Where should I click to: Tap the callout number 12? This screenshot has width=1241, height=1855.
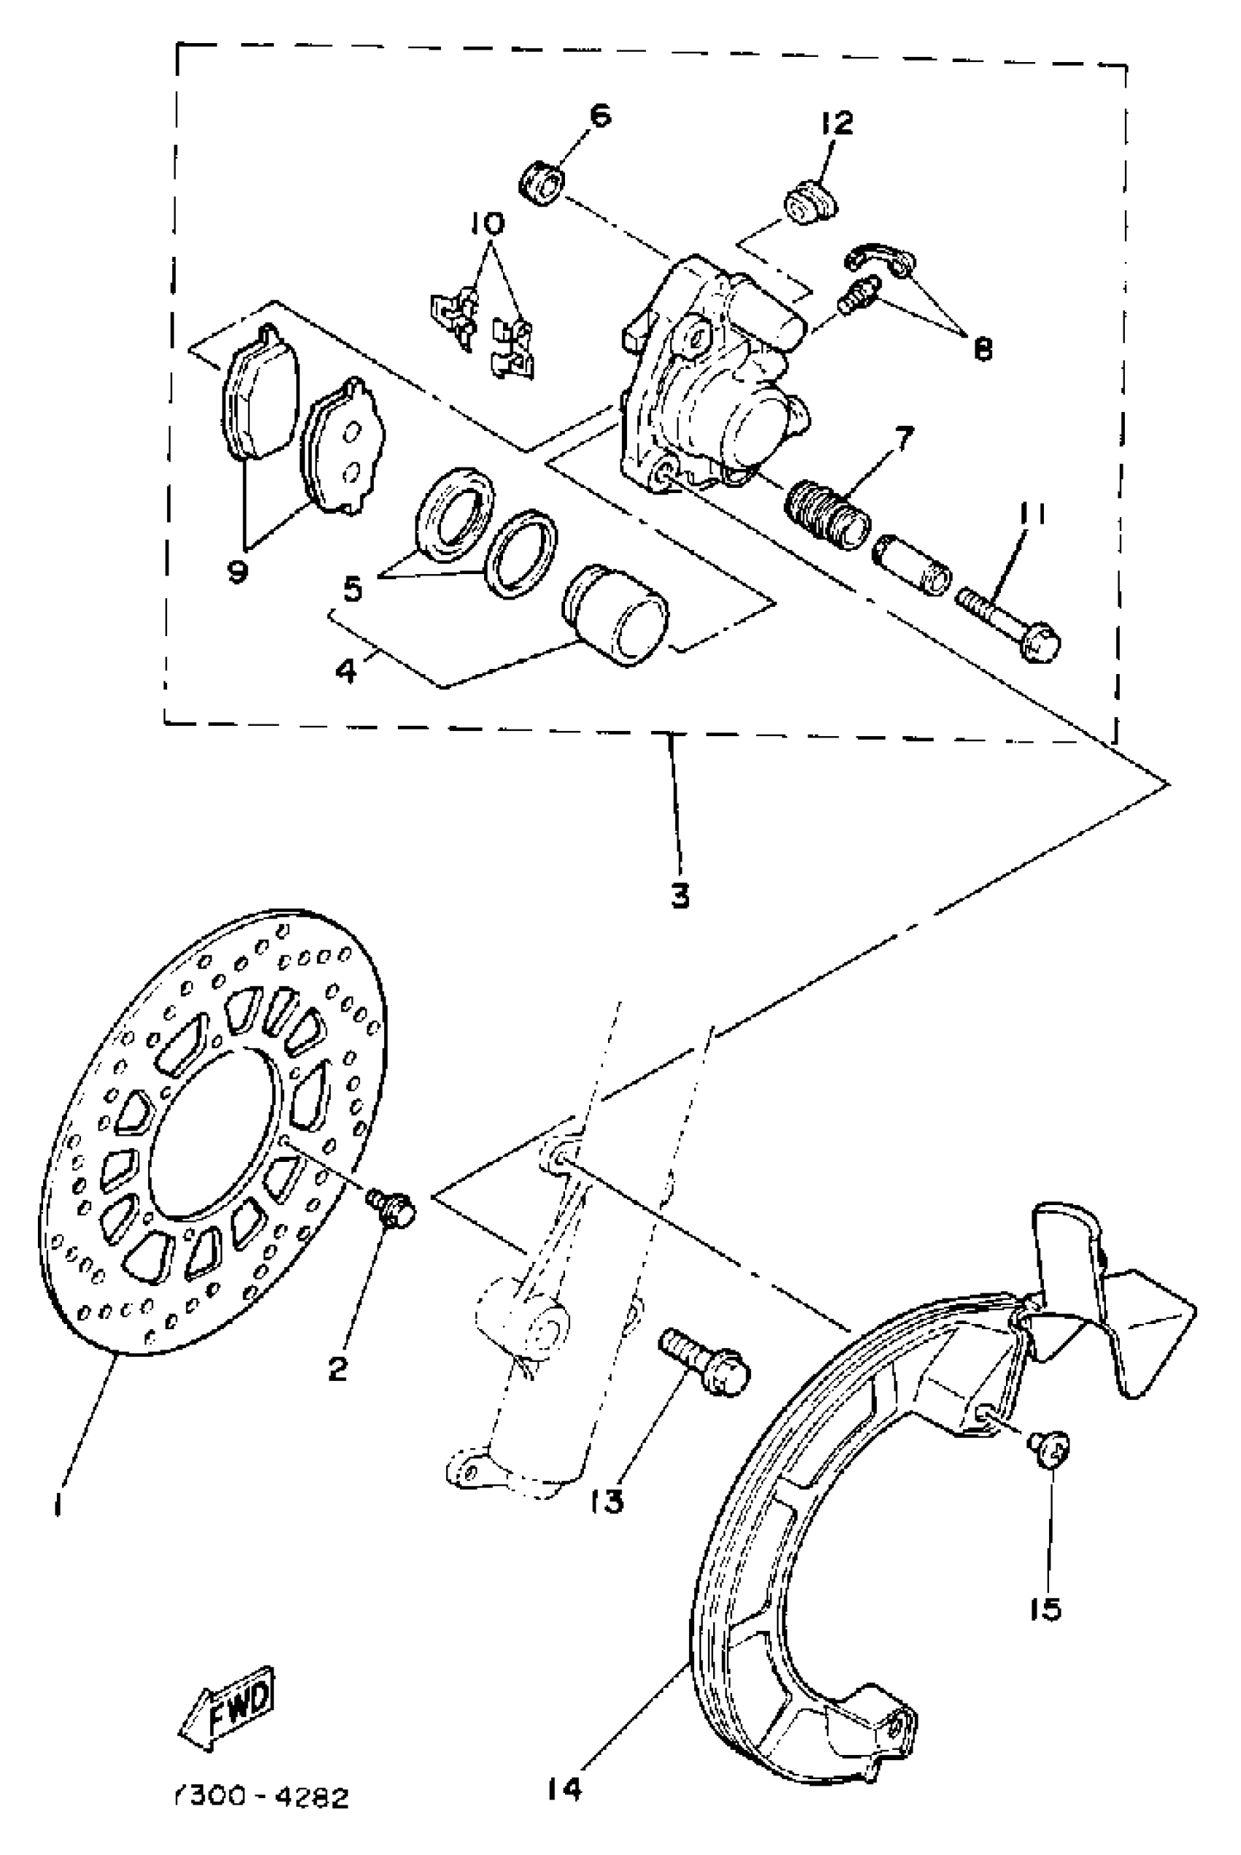tap(837, 123)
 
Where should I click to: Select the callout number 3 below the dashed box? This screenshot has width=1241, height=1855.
tap(680, 895)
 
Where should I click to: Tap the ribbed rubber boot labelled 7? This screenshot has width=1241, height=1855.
tap(828, 514)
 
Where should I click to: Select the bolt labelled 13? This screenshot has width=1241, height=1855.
tap(702, 1359)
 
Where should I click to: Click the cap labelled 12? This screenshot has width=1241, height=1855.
tap(811, 204)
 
